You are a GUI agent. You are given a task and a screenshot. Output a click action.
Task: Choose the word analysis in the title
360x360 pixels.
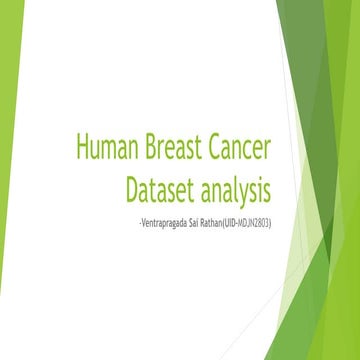coord(235,189)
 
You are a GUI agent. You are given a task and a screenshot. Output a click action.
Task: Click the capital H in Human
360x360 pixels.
coord(81,149)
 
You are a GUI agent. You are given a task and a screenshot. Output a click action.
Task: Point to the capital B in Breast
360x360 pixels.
coord(142,149)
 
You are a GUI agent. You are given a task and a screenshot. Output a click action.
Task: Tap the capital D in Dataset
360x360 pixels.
coord(133,187)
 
